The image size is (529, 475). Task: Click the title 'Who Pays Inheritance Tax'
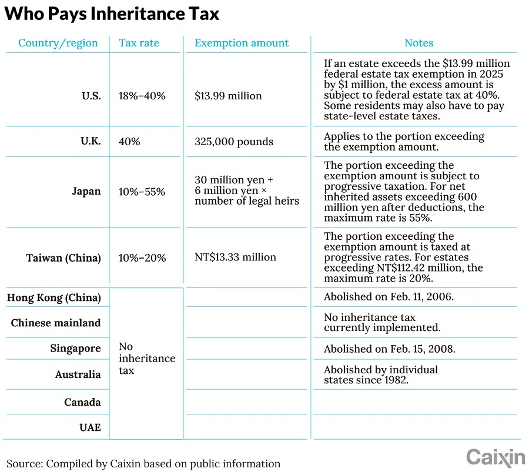(112, 14)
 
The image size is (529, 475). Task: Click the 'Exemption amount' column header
(242, 43)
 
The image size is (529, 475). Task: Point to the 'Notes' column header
(418, 43)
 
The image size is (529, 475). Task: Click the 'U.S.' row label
(91, 96)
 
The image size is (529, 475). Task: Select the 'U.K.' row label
(91, 142)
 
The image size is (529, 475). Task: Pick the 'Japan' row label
(86, 192)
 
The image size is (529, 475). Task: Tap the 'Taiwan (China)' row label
(63, 257)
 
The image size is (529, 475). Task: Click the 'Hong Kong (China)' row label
(54, 297)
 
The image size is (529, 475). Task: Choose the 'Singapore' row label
(75, 349)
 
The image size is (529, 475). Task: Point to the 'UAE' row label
(90, 427)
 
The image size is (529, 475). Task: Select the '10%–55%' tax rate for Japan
(142, 192)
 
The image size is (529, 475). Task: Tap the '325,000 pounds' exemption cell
(234, 142)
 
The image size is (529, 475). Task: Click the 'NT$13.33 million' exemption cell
(235, 257)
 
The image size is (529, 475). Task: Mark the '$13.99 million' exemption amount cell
(228, 96)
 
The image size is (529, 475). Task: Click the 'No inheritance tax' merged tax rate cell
(146, 359)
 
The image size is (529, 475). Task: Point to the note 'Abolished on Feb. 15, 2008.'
(390, 349)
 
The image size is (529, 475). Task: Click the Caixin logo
(495, 457)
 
